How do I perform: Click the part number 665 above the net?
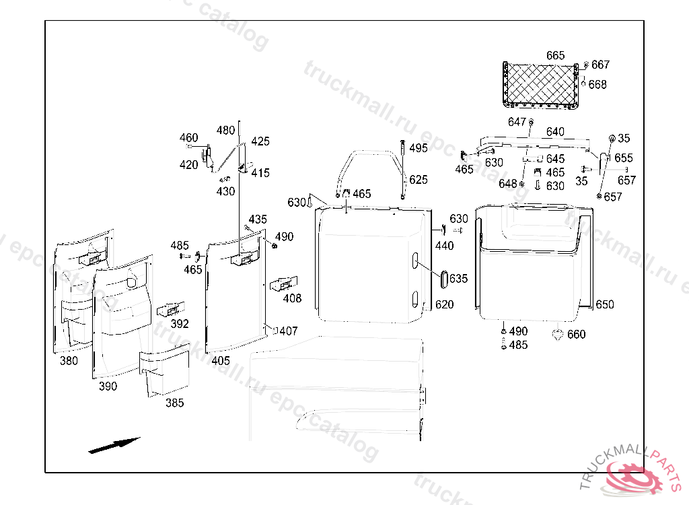[555, 55]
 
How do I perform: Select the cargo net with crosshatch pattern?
[542, 84]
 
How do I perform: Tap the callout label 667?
[600, 65]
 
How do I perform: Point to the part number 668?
[597, 84]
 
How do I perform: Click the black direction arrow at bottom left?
[114, 445]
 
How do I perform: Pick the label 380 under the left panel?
[69, 360]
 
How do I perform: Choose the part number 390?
[108, 386]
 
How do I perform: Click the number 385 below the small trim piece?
[174, 403]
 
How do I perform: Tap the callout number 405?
[221, 360]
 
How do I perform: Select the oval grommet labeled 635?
[445, 279]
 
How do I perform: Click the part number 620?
[444, 304]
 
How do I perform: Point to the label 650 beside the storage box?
[604, 304]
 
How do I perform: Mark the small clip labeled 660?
[558, 334]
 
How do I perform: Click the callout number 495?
[418, 148]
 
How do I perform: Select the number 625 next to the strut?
[418, 180]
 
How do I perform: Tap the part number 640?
[555, 132]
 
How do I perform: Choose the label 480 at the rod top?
[226, 130]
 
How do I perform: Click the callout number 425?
[260, 141]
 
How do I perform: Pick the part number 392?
[180, 323]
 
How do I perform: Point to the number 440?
[444, 246]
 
